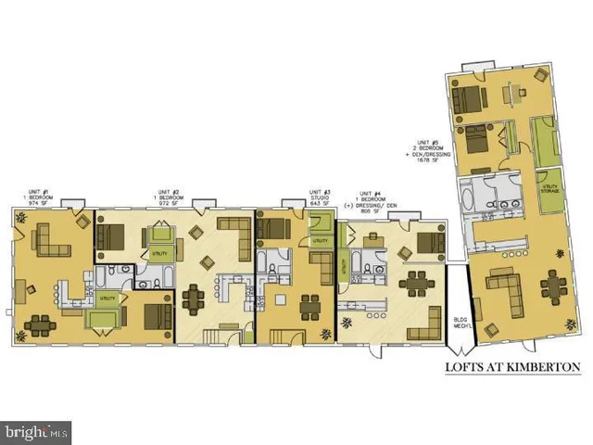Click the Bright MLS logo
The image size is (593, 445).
pos(37,430)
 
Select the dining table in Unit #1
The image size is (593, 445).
pos(41,324)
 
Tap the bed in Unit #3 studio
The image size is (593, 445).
pos(274,225)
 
